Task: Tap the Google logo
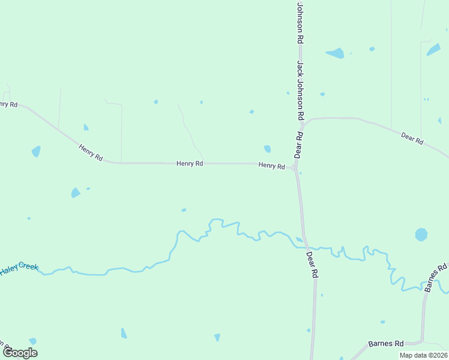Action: [x=20, y=352]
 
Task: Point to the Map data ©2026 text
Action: [x=423, y=355]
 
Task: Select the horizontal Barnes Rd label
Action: [x=386, y=344]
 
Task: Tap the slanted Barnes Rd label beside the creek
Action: [x=437, y=278]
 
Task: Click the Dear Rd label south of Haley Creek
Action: [x=312, y=264]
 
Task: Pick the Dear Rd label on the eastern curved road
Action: [x=412, y=139]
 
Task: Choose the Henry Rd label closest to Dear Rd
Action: [x=271, y=165]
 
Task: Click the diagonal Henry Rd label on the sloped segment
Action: [x=91, y=152]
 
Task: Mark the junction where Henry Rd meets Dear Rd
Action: [x=295, y=167]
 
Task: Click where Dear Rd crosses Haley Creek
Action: [x=306, y=246]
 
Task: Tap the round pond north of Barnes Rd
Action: [x=421, y=234]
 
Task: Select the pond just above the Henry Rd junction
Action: [x=267, y=149]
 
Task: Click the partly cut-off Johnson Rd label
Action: [x=300, y=21]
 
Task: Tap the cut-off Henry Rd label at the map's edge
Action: [x=8, y=104]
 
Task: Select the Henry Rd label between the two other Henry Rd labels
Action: [x=190, y=163]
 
